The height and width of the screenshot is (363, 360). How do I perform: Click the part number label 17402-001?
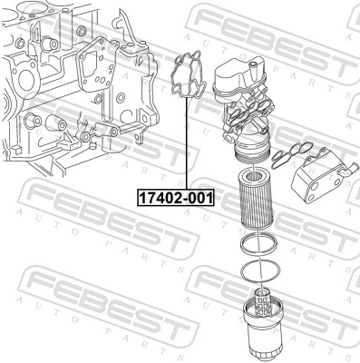click(x=176, y=198)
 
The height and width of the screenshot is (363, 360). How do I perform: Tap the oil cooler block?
click(x=319, y=174)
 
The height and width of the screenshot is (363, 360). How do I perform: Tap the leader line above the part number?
click(x=187, y=144)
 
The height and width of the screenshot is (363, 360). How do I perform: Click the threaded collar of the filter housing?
click(x=250, y=152)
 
